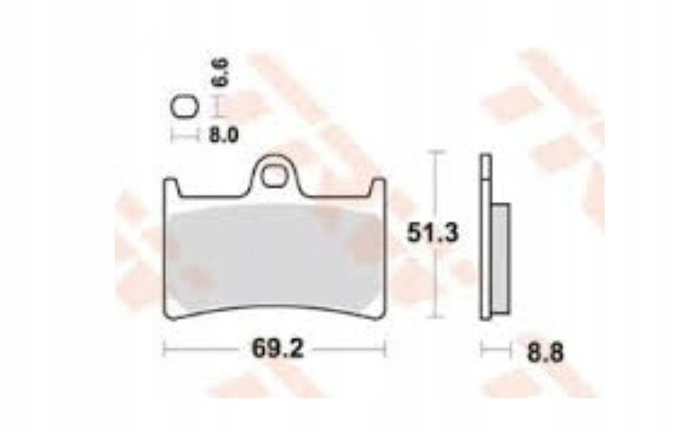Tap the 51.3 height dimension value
(432, 233)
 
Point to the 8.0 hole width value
(224, 135)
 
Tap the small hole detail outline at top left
(184, 108)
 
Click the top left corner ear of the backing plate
(170, 187)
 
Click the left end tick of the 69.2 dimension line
(165, 350)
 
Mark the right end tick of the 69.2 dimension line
(386, 350)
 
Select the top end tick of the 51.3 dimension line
(436, 152)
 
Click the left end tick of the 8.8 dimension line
(482, 350)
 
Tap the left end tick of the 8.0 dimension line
(175, 135)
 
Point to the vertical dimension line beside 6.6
(216, 106)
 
